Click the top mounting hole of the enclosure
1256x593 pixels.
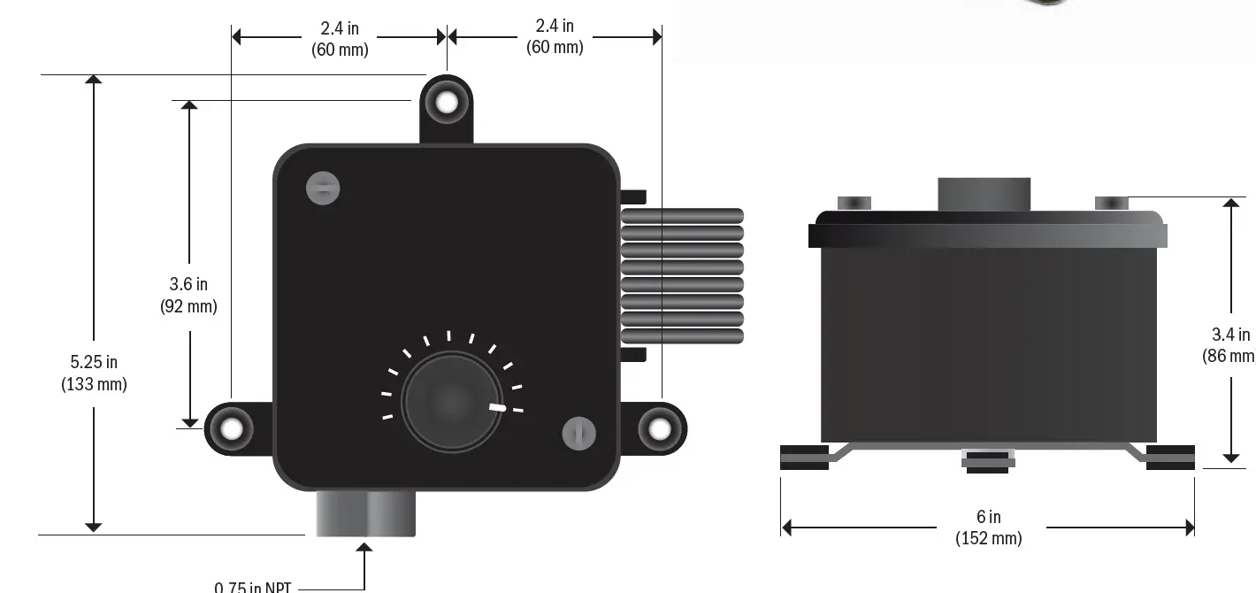[x=447, y=103]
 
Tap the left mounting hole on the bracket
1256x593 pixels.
[x=232, y=429]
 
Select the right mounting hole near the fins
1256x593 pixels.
[x=660, y=429]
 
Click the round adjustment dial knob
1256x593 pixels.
[x=451, y=403]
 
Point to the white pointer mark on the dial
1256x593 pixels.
[x=498, y=407]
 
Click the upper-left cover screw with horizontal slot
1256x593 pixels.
[x=323, y=188]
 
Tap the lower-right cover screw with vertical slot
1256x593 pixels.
[x=578, y=434]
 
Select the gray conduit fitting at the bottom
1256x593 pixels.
[x=365, y=513]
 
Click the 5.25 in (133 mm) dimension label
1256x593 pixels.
[x=94, y=373]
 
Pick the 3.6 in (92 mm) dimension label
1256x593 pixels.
[x=188, y=295]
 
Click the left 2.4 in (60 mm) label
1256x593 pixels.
[x=340, y=39]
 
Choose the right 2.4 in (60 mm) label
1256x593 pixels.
[x=555, y=36]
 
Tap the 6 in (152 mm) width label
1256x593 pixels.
[x=988, y=528]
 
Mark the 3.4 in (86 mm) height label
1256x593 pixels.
[x=1229, y=344]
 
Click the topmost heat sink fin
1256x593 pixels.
[x=682, y=215]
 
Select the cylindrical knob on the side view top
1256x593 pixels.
[x=984, y=194]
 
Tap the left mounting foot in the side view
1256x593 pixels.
[x=804, y=458]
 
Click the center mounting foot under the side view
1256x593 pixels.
[x=987, y=459]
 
